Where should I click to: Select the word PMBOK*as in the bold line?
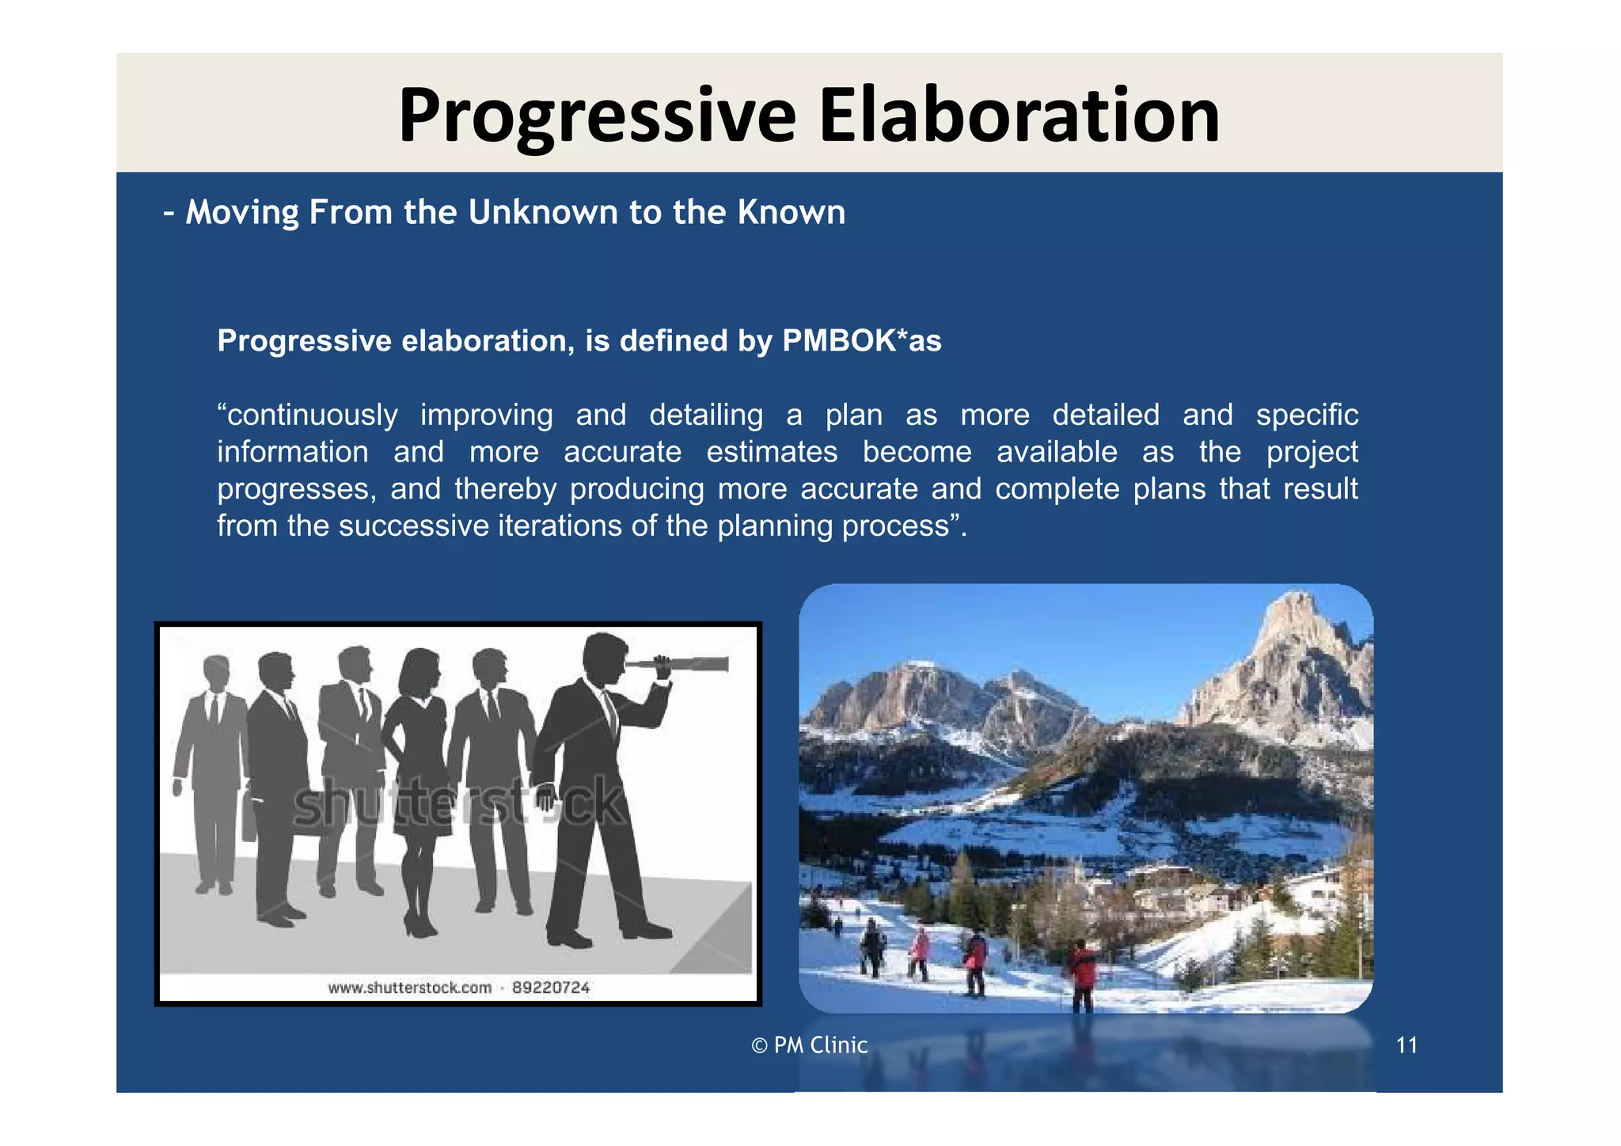861,341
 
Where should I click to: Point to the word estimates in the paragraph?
772,452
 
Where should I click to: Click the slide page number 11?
1406,1045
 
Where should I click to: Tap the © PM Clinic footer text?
809,1045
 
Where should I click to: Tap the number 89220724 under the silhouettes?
551,987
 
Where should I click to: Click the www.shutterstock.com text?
409,988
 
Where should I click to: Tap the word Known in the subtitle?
791,212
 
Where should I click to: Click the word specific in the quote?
1307,416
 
